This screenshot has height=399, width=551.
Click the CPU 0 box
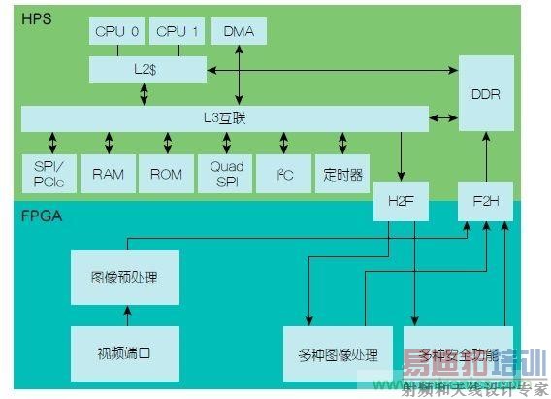click(117, 32)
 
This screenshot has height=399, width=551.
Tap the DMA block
click(239, 32)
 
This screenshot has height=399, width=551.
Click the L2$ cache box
click(147, 69)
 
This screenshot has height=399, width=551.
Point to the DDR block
click(485, 94)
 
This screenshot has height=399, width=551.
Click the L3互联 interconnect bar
click(226, 118)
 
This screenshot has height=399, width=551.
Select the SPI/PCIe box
click(46, 174)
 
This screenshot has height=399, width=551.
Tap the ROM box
click(166, 174)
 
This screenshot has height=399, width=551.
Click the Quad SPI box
click(226, 174)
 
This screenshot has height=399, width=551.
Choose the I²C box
click(284, 174)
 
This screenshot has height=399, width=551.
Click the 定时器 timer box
click(343, 174)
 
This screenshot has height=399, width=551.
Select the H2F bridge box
click(401, 202)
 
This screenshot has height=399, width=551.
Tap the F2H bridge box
click(485, 202)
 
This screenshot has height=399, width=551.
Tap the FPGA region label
click(42, 216)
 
